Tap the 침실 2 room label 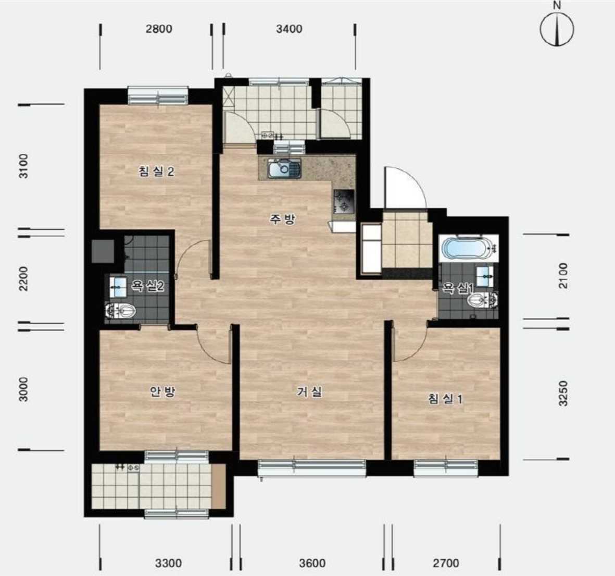point(156,171)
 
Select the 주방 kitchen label point(282,219)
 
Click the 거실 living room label point(309,391)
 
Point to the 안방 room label point(162,391)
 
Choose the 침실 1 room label point(445,399)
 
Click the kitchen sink point(284,168)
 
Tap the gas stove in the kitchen point(344,201)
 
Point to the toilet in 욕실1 point(482,301)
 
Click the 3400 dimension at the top point(289,29)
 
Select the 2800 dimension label point(159,29)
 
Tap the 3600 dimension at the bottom point(312,563)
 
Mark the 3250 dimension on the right point(563,393)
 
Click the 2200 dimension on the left point(24,278)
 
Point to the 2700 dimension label point(446,563)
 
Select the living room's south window point(312,468)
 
